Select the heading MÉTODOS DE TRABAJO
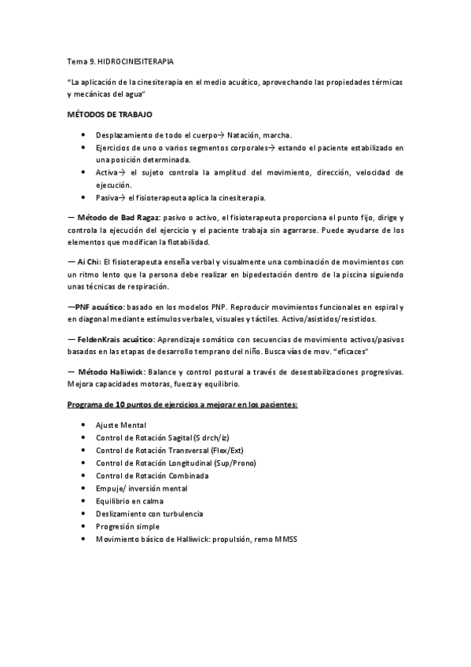coord(105,114)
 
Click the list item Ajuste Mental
coord(120,425)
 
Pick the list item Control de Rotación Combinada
coord(152,476)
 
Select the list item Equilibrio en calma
coord(131,501)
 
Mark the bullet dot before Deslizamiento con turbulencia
coord(83,514)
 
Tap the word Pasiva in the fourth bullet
coord(109,197)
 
